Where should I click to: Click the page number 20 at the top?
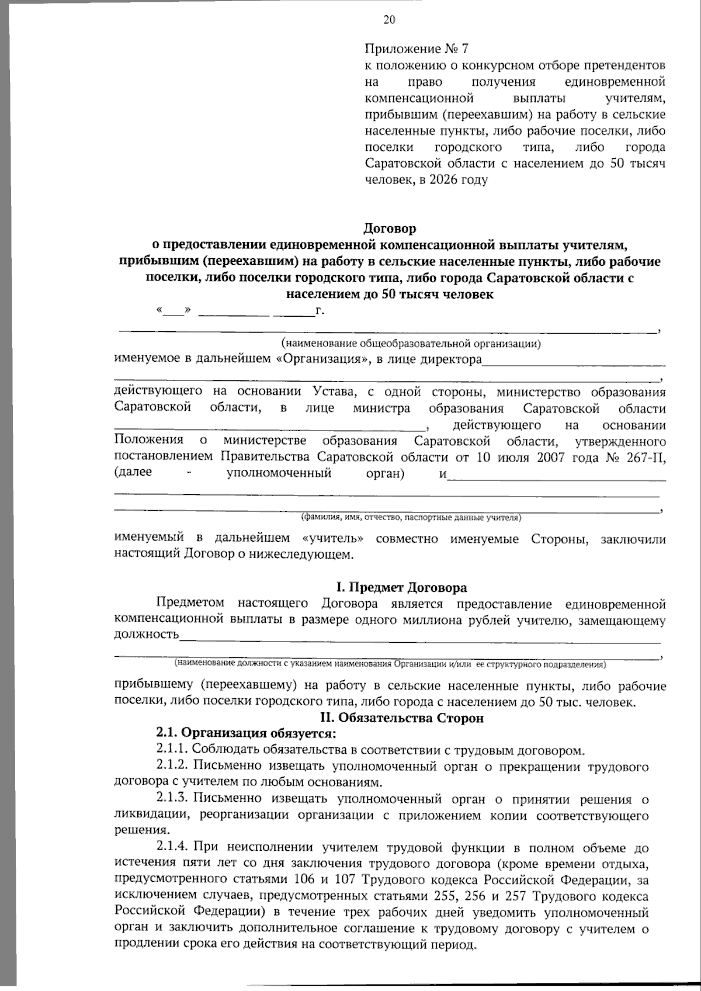[389, 20]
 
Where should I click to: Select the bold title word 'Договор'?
[390, 228]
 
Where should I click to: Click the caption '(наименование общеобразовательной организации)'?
[410, 344]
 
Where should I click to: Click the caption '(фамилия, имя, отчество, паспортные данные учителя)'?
[411, 517]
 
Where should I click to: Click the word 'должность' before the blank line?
[146, 635]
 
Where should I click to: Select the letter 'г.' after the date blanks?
[320, 310]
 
